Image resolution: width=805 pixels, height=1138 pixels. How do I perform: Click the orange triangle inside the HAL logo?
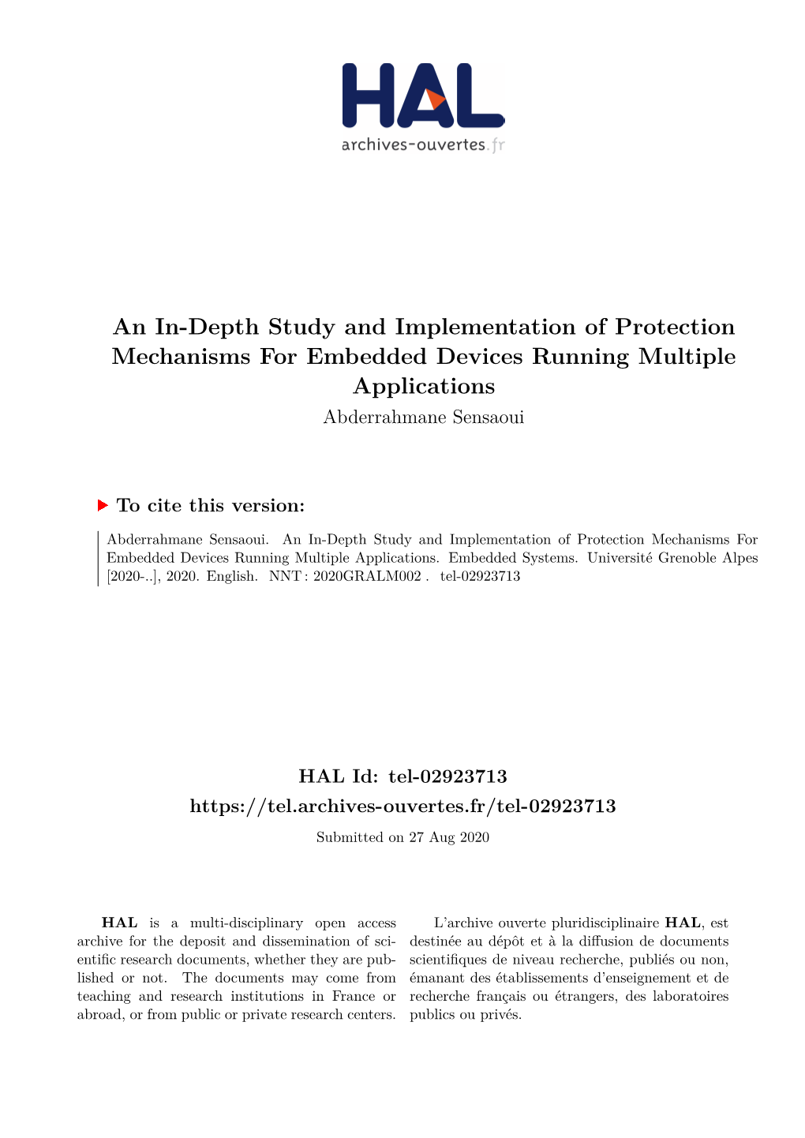click(433, 100)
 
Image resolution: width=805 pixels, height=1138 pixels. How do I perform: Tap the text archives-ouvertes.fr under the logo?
click(422, 144)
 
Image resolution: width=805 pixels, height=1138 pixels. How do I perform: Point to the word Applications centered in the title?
click(424, 386)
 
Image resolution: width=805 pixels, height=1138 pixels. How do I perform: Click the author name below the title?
click(424, 417)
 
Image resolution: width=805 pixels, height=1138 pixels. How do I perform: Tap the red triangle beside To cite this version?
click(103, 505)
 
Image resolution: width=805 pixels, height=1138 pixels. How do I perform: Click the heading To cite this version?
click(210, 505)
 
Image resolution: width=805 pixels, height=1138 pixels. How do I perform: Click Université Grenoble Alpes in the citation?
click(672, 558)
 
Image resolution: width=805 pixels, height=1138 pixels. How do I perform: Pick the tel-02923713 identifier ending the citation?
click(480, 576)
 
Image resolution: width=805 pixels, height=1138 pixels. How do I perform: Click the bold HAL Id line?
click(402, 777)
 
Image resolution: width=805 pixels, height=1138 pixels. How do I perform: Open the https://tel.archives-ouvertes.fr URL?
click(402, 806)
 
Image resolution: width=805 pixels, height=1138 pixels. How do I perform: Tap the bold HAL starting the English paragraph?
click(120, 923)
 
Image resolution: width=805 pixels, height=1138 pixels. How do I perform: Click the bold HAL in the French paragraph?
click(683, 923)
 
